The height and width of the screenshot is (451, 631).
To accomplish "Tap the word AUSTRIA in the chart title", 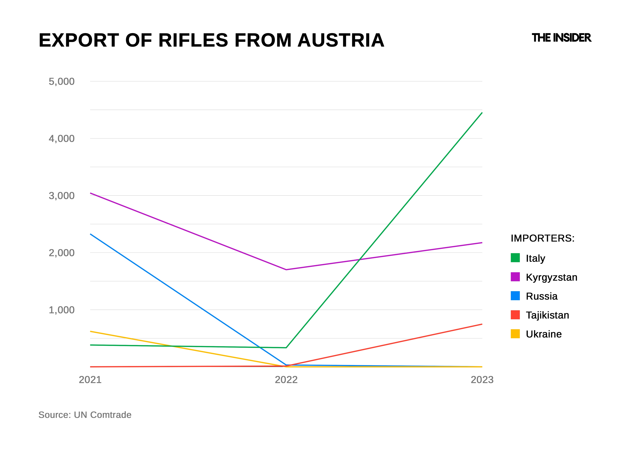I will click(x=341, y=40).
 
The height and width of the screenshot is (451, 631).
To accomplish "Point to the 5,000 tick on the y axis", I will click(x=62, y=82).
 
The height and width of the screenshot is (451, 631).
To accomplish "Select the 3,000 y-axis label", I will click(x=62, y=196).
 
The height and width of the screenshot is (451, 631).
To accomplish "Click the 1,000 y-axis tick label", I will click(x=62, y=310).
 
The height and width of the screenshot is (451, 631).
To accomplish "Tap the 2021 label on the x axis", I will click(x=90, y=380).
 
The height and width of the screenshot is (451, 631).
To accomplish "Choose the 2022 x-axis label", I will click(x=286, y=380).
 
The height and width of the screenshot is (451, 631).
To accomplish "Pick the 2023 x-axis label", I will click(x=482, y=380).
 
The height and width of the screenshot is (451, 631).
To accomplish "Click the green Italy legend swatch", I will click(x=515, y=258).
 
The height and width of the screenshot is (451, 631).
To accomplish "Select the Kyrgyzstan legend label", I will click(x=551, y=277).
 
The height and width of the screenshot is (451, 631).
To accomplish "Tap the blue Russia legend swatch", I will click(x=515, y=296).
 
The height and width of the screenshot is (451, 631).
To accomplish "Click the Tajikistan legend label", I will click(x=547, y=315).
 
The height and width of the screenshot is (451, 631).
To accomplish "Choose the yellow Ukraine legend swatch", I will click(x=515, y=334).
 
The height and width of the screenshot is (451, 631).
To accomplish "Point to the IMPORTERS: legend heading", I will click(x=542, y=238).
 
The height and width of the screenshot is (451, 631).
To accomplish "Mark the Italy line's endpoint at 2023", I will click(x=482, y=113).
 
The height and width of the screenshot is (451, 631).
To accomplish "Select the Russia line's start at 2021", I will click(x=91, y=234).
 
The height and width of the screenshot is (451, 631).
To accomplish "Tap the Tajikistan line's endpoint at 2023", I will click(x=482, y=324).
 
